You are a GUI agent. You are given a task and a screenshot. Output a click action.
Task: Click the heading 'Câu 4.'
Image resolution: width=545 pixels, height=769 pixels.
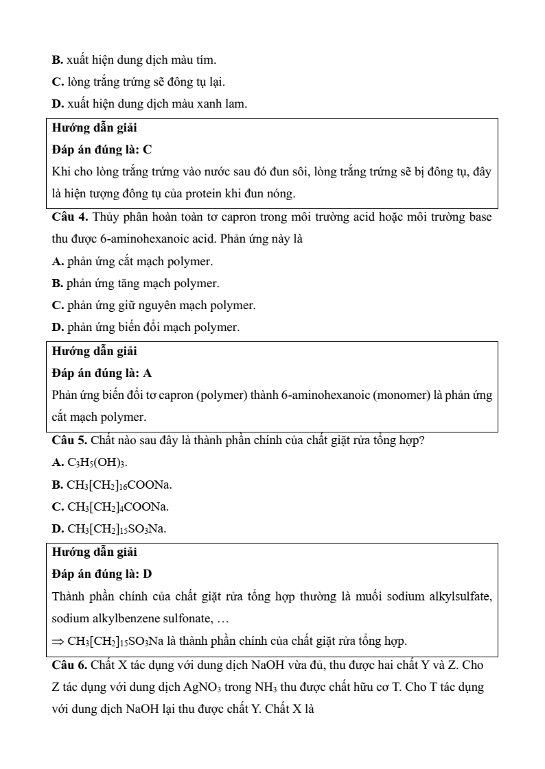pyautogui.click(x=69, y=217)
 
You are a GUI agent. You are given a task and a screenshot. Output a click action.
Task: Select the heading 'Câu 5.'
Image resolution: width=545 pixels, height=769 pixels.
pyautogui.click(x=69, y=440)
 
